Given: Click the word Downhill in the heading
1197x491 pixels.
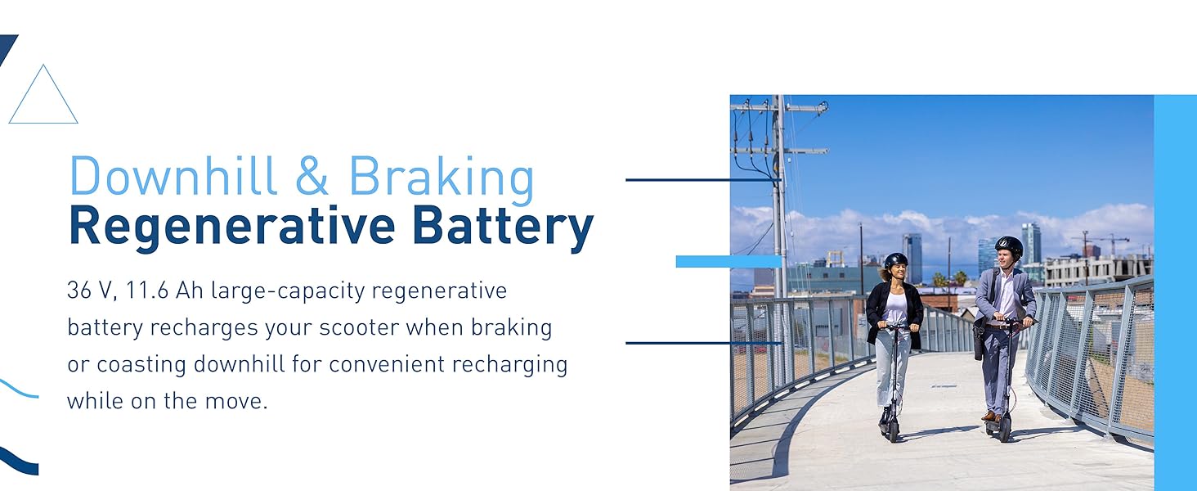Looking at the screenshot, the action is pyautogui.click(x=173, y=176).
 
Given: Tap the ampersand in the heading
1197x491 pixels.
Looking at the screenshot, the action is pyautogui.click(x=312, y=176).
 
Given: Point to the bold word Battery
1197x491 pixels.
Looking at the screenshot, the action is pyautogui.click(x=503, y=227).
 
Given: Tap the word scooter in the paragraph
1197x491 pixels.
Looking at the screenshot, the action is pyautogui.click(x=359, y=327).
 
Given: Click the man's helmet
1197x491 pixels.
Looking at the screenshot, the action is pyautogui.click(x=1009, y=246).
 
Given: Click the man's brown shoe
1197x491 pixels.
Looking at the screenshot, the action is pyautogui.click(x=989, y=416).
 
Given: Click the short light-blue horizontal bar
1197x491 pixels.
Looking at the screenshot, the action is pyautogui.click(x=729, y=261).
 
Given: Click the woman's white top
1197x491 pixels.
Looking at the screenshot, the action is pyautogui.click(x=895, y=309).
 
